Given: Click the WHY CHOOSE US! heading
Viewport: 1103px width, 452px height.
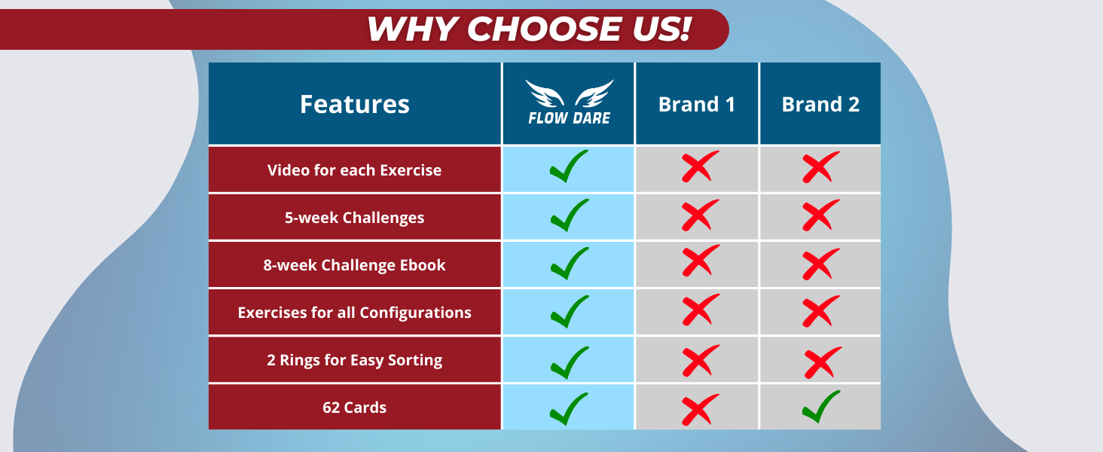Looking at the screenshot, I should (x=529, y=29).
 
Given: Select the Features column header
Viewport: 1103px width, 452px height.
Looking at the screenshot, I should (x=354, y=104).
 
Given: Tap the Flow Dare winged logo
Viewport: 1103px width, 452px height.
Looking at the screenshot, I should (x=569, y=102).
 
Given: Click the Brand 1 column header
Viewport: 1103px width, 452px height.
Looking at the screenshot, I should (x=697, y=104).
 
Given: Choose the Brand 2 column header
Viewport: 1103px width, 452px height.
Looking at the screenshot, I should (x=820, y=104).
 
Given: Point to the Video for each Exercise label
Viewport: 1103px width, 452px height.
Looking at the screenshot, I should (x=354, y=170).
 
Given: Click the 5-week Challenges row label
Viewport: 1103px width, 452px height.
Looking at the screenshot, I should (x=354, y=218).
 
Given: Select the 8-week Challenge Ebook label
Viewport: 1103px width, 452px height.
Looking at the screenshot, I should (x=354, y=265).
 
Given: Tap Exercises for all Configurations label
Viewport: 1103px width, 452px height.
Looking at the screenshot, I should (x=354, y=313).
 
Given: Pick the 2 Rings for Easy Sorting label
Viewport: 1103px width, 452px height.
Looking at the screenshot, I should (x=354, y=360).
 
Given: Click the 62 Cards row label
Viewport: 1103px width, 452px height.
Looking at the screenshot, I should (x=354, y=408).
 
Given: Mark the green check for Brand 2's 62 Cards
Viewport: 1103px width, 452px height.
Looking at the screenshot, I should (x=821, y=407).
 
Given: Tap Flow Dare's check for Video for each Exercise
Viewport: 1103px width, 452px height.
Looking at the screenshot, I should (x=569, y=167).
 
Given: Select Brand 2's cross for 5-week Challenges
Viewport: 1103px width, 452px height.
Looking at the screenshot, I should (x=820, y=215).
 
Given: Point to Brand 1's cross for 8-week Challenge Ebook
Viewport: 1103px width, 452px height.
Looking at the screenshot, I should (x=699, y=261).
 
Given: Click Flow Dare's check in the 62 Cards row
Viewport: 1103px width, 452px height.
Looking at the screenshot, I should (x=569, y=408).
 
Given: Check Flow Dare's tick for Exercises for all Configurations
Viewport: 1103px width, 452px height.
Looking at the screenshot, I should (x=569, y=312).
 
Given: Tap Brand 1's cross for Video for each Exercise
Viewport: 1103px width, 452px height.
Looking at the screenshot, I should (x=699, y=166).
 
